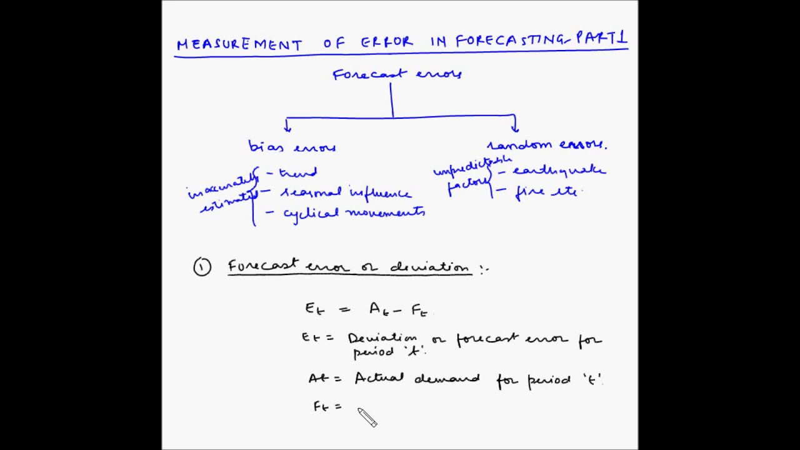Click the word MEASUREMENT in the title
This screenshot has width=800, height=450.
coord(239,44)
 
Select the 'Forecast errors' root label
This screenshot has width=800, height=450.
coord(397,74)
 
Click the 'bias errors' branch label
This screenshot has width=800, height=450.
coord(292,147)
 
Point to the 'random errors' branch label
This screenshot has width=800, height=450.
coord(547,145)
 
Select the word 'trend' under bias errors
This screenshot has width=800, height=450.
coord(298,172)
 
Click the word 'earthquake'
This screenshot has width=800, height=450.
coord(559,170)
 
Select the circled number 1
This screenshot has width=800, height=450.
coord(202,268)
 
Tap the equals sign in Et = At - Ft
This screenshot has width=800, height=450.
coord(344,308)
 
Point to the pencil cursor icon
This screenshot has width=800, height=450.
coord(367,417)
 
